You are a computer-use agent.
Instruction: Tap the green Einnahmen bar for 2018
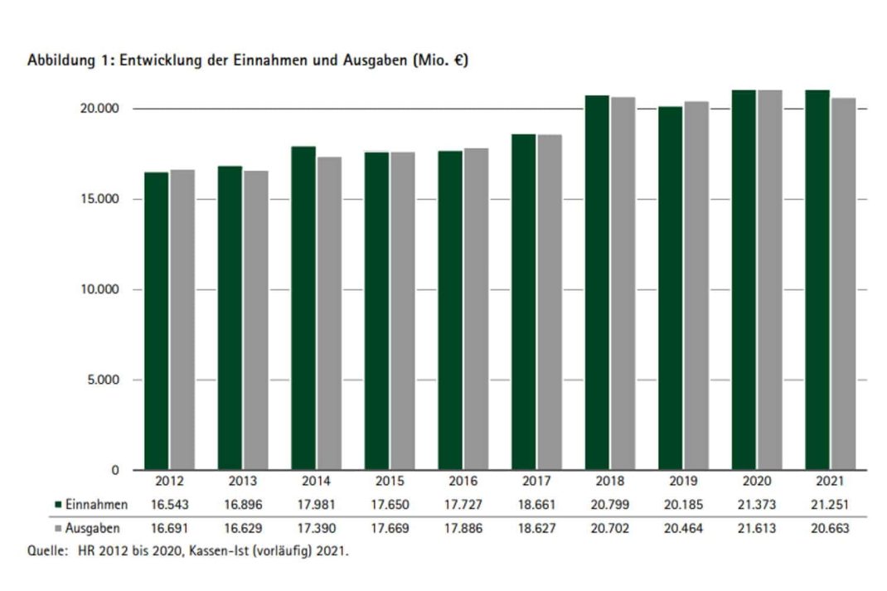pyautogui.click(x=597, y=283)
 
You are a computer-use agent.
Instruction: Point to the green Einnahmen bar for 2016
pyautogui.click(x=450, y=310)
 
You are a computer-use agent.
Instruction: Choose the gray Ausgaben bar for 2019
pyautogui.click(x=696, y=285)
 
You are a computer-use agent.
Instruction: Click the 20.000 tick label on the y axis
pyautogui.click(x=102, y=109)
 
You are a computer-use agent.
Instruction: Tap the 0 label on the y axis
pyautogui.click(x=116, y=471)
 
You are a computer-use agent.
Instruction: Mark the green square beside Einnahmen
pyautogui.click(x=58, y=505)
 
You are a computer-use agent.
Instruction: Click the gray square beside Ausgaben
pyautogui.click(x=58, y=528)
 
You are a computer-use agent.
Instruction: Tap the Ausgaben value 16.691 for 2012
pyautogui.click(x=168, y=528)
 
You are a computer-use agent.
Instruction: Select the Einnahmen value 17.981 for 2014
pyautogui.click(x=316, y=505)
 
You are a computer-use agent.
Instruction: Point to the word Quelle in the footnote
pyautogui.click(x=44, y=550)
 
